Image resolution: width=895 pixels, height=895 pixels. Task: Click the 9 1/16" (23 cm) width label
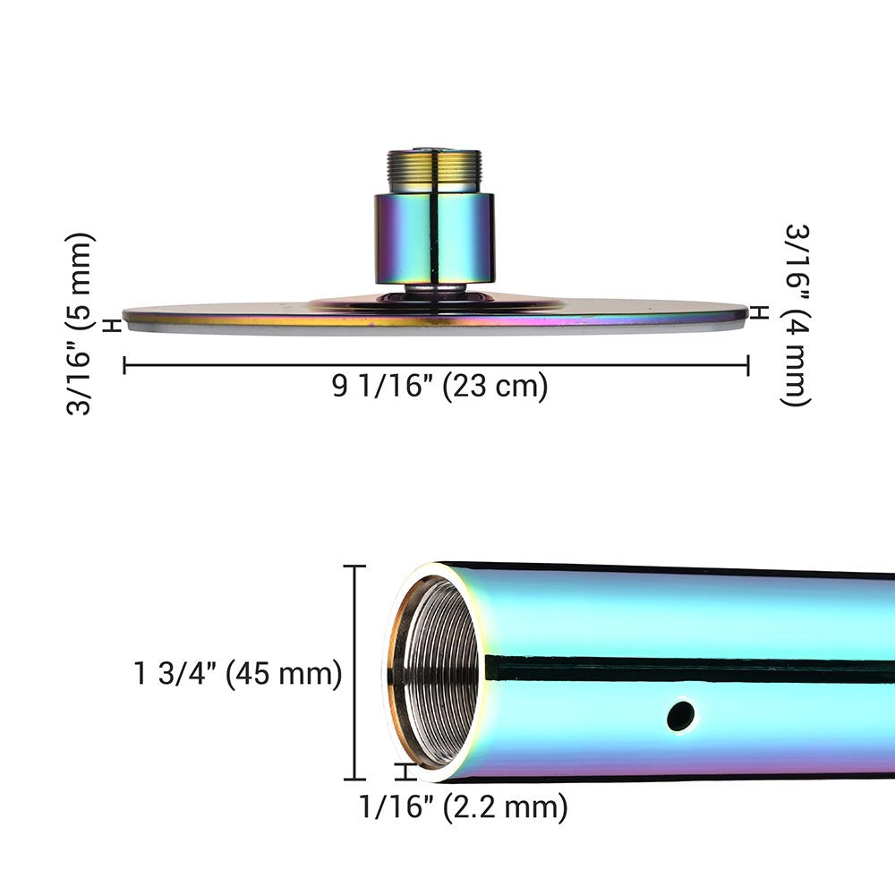point(439,388)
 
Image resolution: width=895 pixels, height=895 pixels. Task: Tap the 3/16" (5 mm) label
point(81,323)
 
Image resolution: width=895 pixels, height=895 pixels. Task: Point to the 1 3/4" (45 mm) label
point(238,674)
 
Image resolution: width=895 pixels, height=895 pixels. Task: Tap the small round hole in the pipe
point(680,714)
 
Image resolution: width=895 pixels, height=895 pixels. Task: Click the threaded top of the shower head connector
point(433,171)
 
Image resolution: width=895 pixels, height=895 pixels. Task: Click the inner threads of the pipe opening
point(439,671)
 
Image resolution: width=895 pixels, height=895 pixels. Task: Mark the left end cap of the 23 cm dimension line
point(124,365)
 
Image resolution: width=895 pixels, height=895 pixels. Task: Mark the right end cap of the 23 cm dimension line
point(747,365)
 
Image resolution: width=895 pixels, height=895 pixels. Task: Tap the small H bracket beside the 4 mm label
point(759,311)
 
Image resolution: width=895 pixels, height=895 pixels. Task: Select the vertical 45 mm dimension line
point(355,671)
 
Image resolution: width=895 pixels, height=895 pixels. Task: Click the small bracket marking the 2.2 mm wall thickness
point(407,772)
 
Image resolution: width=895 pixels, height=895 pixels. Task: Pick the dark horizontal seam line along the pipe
point(689,668)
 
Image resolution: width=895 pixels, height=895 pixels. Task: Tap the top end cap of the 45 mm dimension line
point(355,566)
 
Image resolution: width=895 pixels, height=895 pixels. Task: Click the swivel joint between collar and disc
point(433,291)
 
